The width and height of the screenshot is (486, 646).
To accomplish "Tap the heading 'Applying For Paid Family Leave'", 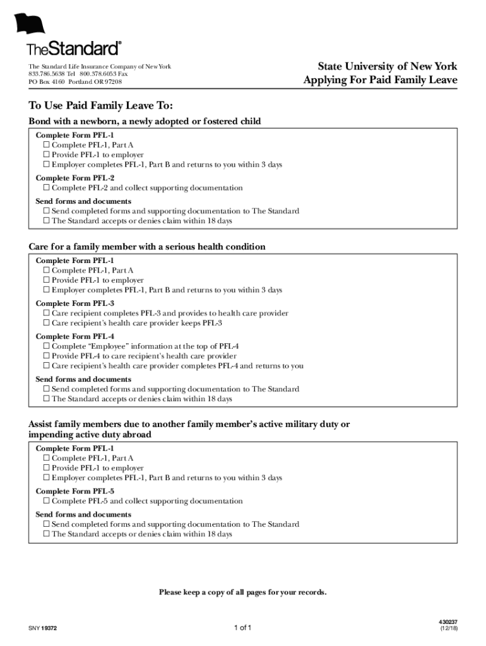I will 380,80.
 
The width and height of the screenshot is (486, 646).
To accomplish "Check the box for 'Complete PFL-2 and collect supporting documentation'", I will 46,188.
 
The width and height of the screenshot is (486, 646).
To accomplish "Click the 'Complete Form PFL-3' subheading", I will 75,303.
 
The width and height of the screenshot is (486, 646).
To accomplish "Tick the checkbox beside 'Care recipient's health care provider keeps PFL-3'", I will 46,323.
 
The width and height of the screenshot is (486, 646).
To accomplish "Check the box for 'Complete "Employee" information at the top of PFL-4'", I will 46,346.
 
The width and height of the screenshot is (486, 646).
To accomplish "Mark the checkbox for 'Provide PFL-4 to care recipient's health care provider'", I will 46,356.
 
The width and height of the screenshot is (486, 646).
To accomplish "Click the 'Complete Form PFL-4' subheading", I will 75,336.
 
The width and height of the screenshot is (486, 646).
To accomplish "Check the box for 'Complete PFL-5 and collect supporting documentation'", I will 46,501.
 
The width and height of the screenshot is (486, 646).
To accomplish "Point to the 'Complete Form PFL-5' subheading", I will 75,491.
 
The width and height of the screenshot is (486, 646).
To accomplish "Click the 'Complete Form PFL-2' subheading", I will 75,178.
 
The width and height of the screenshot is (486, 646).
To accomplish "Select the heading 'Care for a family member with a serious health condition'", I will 147,247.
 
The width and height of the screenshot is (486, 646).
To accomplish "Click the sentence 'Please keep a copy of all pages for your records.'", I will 243,592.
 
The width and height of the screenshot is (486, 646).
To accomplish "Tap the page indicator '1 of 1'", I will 242,628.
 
